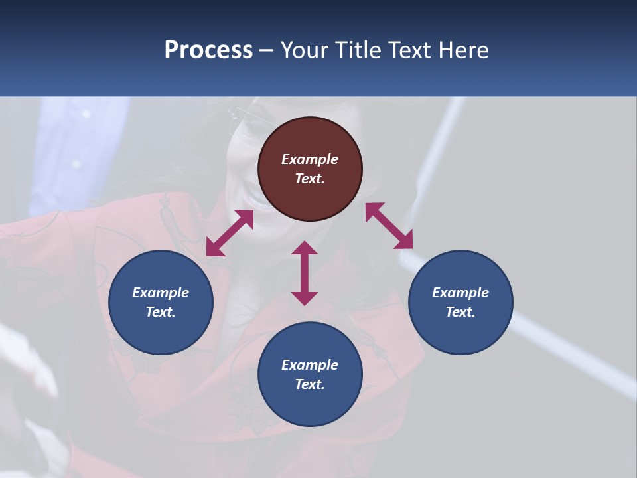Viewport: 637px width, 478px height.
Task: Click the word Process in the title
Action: [x=208, y=50]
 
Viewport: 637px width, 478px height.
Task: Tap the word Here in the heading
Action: [x=462, y=50]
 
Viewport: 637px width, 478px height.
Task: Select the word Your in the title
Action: [x=305, y=50]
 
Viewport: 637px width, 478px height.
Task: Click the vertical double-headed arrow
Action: [x=305, y=273]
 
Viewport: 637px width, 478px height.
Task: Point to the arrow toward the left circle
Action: [x=230, y=233]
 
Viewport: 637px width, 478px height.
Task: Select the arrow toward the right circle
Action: [x=389, y=226]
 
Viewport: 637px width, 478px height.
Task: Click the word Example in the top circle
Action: [x=310, y=159]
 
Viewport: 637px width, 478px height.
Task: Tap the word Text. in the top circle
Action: [x=310, y=179]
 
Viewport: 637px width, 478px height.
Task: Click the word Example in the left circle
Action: [x=161, y=293]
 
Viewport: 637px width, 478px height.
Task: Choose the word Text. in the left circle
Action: [x=161, y=312]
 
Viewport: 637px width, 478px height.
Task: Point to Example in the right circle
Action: [x=460, y=293]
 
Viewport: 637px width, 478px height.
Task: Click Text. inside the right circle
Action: [x=460, y=312]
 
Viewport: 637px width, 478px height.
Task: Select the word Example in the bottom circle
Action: [x=310, y=365]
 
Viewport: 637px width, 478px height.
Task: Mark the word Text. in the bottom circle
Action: [x=310, y=384]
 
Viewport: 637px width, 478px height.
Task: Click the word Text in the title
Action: [x=409, y=50]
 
